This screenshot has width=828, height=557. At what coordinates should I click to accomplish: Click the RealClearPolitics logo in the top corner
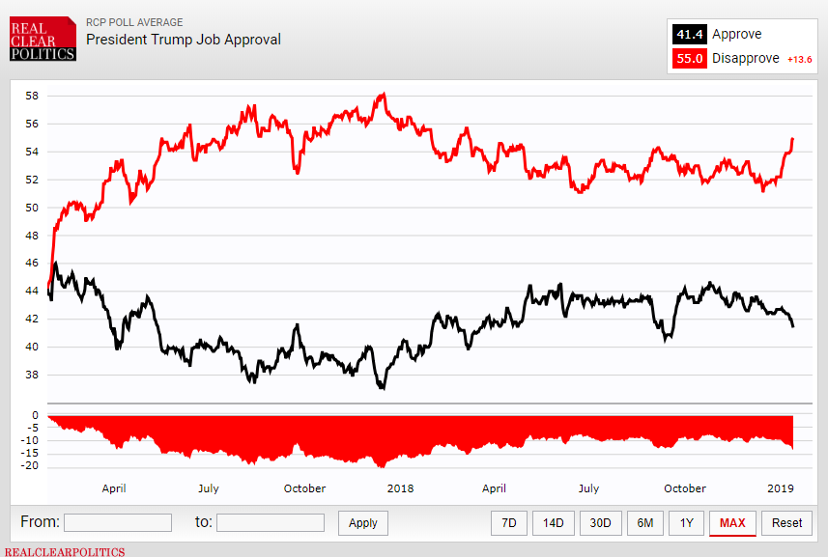coord(43,40)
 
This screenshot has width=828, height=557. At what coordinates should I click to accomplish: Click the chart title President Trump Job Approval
coord(184,40)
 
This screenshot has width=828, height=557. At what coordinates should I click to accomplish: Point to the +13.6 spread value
coord(800,60)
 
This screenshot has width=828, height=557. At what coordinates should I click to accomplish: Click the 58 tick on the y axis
coord(32,96)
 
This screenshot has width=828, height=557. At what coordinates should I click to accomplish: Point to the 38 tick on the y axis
coord(32,375)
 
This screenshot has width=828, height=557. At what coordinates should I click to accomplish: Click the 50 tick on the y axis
coord(32,208)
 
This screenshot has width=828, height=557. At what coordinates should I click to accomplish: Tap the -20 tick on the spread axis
coord(29,466)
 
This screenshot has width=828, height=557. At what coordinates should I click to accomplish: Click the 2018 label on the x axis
coord(400,488)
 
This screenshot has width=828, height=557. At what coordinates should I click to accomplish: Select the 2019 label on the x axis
coord(779,488)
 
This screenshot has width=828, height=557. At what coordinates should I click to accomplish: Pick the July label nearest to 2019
coord(588,488)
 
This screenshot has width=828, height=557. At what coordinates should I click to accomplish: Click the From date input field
coord(118,522)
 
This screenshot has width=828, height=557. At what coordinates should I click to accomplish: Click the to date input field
coord(271,522)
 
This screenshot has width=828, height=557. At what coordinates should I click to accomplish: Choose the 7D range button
coord(509,523)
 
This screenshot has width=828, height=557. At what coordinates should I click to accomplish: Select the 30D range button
coord(601,523)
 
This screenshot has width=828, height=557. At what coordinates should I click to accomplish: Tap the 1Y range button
coord(686,523)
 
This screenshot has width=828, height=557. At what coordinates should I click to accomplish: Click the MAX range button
coord(732,523)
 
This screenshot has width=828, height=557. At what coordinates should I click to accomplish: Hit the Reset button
coord(786,523)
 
